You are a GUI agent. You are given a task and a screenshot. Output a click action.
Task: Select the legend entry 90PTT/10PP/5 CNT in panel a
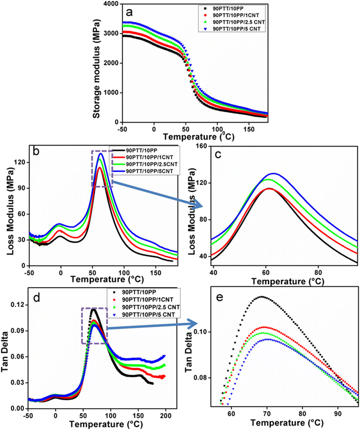[239, 29]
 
